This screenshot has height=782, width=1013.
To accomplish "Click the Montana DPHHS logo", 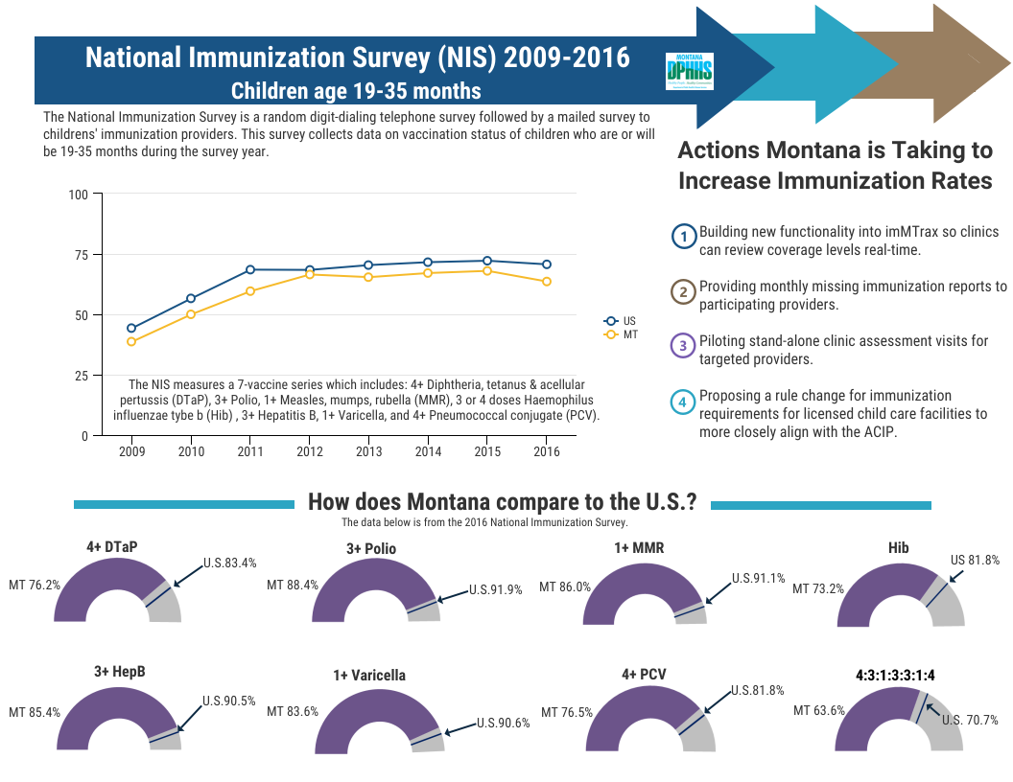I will [x=689, y=72].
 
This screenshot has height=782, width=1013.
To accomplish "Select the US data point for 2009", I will [x=131, y=328].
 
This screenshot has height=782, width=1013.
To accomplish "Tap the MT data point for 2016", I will [x=546, y=282].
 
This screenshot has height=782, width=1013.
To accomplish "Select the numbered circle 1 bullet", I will [x=683, y=237].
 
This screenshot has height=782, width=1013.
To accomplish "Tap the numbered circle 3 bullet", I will [x=683, y=346].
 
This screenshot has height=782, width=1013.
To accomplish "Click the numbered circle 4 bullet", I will [x=683, y=402].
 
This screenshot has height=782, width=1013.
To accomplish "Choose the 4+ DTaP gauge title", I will [x=111, y=546].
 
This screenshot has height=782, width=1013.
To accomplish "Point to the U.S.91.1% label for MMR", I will [x=758, y=579].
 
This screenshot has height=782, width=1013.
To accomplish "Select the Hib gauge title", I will [x=899, y=548].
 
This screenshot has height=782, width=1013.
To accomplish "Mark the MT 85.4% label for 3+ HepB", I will [x=35, y=713].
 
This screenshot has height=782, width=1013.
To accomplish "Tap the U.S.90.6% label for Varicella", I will [x=503, y=724].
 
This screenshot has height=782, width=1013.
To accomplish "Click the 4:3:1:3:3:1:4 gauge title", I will [x=895, y=675].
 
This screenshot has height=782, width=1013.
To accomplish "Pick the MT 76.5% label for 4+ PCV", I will [x=566, y=713].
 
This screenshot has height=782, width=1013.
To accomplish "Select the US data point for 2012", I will [x=310, y=270].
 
